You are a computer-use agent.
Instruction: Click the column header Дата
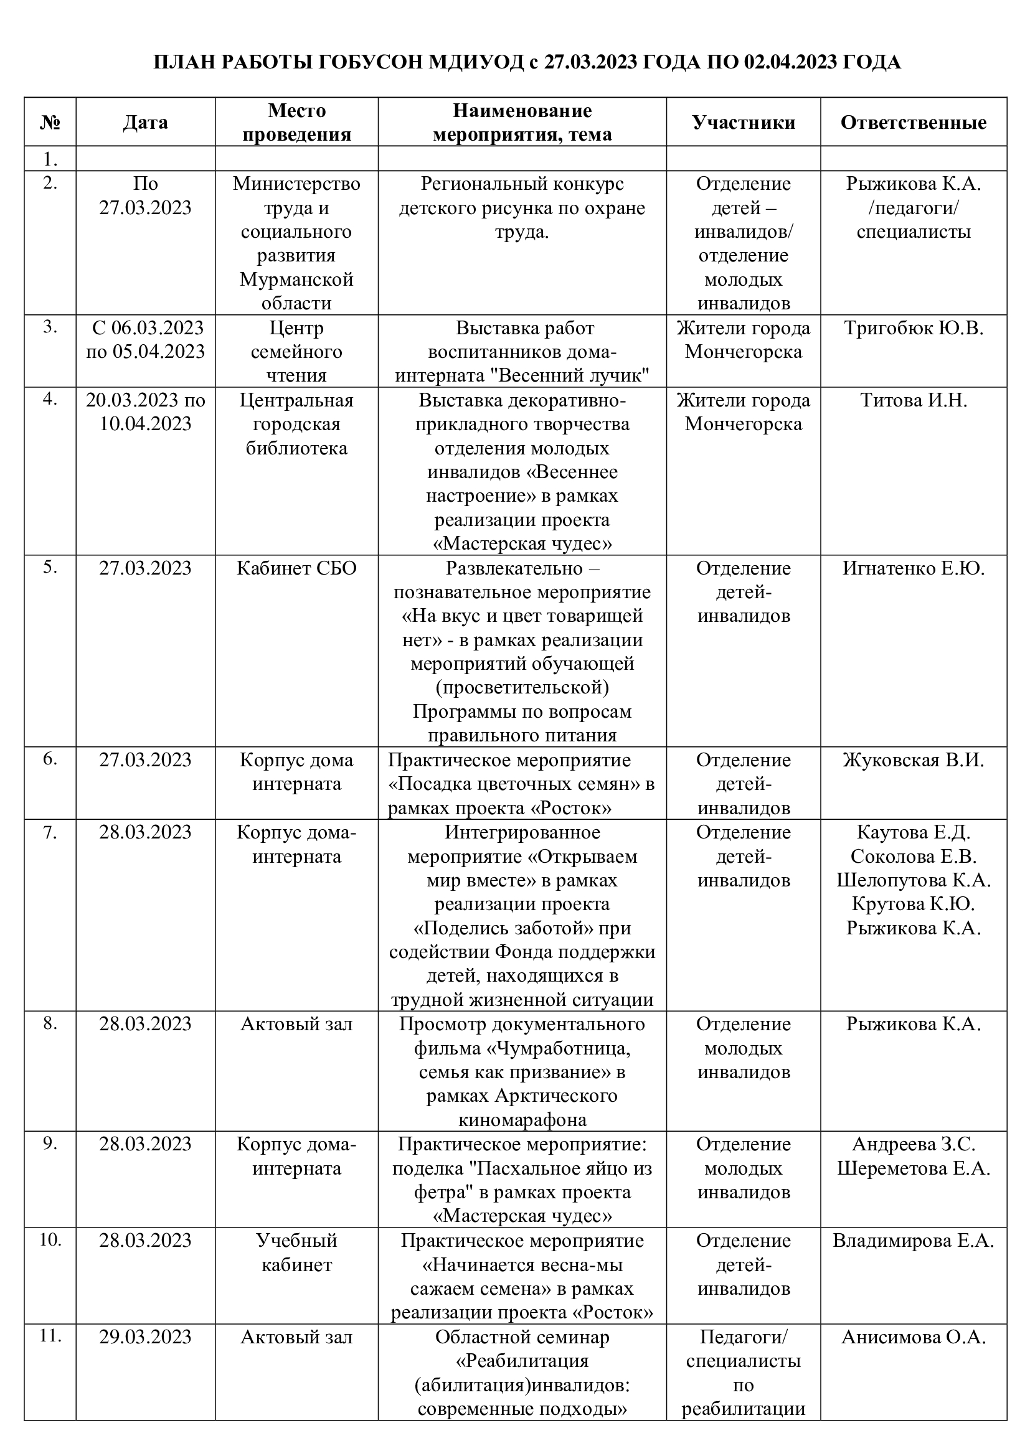[x=145, y=122]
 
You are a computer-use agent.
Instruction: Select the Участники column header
[x=744, y=122]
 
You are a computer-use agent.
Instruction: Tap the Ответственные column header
[x=914, y=122]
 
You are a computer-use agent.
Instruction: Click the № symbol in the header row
[x=50, y=122]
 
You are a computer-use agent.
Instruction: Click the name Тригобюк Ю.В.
[x=914, y=328]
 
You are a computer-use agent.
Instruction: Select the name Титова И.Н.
[x=914, y=400]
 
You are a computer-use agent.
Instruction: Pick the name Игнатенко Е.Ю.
[x=914, y=568]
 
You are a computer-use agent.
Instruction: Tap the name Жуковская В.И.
[x=914, y=759]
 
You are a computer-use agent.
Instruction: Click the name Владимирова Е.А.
[x=914, y=1240]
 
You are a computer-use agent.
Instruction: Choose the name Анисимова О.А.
[x=914, y=1336]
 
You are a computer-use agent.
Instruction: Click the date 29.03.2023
[x=145, y=1336]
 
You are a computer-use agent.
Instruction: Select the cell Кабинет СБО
[x=297, y=568]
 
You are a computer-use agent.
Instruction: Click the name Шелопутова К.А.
[x=914, y=880]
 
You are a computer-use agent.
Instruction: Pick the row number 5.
[x=50, y=567]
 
